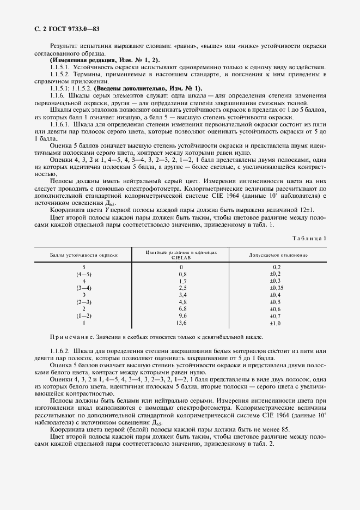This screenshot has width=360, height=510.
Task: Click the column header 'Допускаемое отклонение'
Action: coord(278,255)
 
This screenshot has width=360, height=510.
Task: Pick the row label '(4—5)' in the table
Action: coord(84,274)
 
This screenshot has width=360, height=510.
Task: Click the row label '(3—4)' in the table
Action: coord(84,287)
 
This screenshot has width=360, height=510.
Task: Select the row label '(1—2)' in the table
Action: coord(84,315)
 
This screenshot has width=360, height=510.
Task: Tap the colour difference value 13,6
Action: coord(182,323)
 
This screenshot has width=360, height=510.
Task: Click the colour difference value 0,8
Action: coord(182,274)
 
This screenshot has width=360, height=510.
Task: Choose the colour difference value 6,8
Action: coord(182,308)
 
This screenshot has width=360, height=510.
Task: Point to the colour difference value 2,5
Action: coord(182,287)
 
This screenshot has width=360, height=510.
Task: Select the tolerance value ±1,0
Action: coord(276,323)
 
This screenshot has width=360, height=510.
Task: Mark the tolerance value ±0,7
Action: coord(276,315)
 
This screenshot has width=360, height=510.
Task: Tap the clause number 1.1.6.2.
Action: coord(60,351)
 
